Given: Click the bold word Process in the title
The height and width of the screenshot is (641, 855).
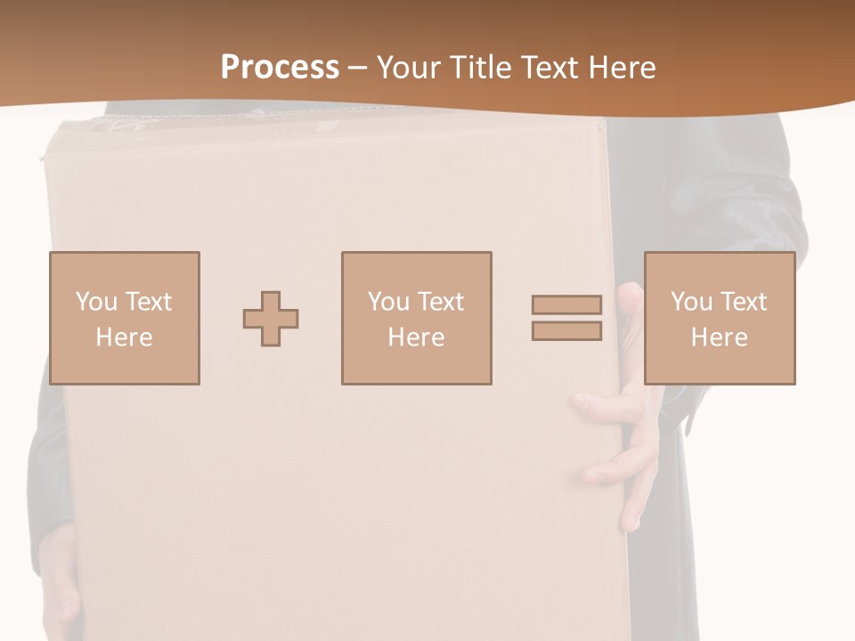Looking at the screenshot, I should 280,68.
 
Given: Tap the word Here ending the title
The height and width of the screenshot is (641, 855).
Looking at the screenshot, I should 622,68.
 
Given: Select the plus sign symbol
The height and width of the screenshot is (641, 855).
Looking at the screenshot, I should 271,319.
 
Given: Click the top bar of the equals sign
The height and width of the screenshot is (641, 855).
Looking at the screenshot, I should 566,305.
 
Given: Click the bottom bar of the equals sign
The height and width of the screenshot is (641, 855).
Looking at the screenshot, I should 566,330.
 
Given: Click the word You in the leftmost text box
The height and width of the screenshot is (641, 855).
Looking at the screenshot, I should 96,302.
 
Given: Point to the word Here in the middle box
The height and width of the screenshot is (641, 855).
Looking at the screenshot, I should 416,337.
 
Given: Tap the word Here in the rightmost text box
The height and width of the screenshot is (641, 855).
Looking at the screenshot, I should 719,337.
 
